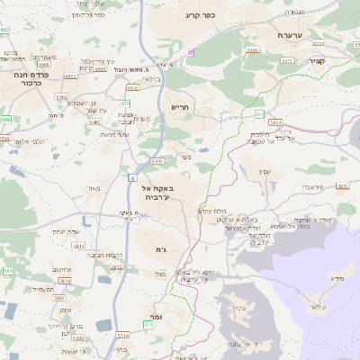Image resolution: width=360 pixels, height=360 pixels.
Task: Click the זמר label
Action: [x=157, y=318]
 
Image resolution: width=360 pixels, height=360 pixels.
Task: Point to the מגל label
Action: [x=159, y=274]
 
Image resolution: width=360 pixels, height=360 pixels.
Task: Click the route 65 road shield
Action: [x=191, y=53]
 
